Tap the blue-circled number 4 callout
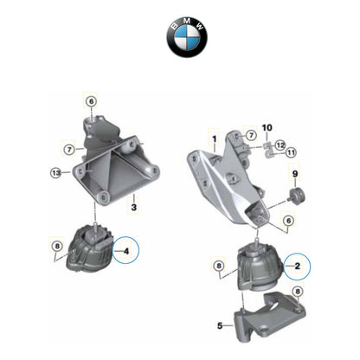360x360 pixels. click(x=126, y=253)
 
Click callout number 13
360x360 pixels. click(x=56, y=173)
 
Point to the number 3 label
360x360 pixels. click(x=133, y=207)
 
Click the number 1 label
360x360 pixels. click(x=212, y=137)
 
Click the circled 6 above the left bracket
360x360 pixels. click(x=91, y=101)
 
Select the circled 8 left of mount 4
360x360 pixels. click(x=57, y=246)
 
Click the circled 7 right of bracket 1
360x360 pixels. click(x=250, y=136)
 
